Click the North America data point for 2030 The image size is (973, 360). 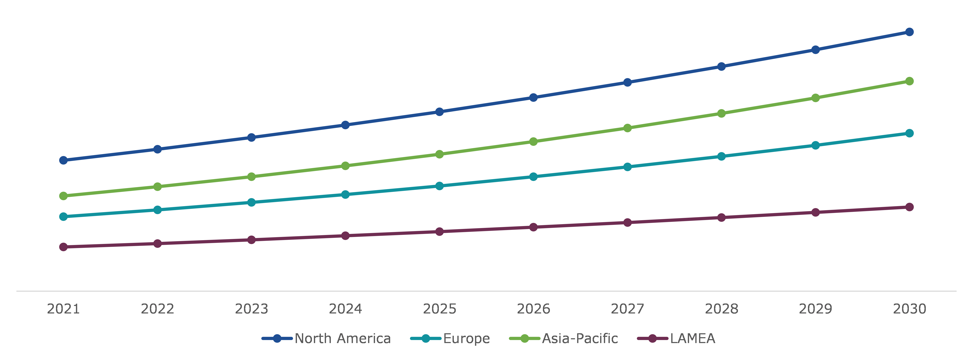tap(909, 32)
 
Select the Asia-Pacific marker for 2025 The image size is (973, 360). tap(439, 154)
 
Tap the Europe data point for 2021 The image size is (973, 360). tap(63, 216)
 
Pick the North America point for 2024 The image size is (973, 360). tap(345, 125)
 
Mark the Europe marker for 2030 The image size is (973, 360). tap(909, 133)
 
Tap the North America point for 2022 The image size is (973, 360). tap(158, 149)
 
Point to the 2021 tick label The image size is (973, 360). tap(63, 309)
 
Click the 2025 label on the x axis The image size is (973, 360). tap(439, 309)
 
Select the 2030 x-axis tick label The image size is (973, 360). tap(909, 309)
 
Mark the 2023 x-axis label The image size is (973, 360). tap(251, 309)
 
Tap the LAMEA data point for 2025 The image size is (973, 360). tap(439, 232)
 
